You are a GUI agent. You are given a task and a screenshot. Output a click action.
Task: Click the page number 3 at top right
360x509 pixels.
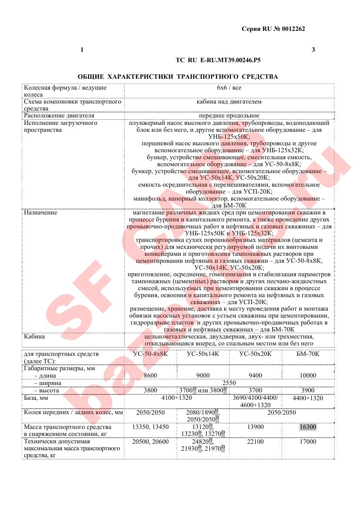[313, 50]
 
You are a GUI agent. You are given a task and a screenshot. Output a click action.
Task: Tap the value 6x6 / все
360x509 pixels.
[229, 88]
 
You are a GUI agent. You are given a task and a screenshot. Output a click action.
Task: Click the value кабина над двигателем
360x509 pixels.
[229, 102]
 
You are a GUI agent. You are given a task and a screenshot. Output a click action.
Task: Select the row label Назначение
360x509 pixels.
[40, 213]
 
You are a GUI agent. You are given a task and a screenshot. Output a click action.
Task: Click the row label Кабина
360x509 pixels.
[34, 337]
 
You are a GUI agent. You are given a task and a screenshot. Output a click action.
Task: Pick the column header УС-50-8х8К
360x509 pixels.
[150, 354]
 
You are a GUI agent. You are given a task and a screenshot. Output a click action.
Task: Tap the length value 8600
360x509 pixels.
[150, 375]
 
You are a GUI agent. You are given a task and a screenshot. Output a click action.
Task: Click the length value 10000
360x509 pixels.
[308, 375]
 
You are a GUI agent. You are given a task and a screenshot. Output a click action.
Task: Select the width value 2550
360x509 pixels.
[229, 383]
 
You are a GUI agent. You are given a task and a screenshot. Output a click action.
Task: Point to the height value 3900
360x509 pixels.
[308, 390]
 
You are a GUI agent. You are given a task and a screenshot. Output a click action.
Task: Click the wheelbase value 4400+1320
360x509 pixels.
[308, 398]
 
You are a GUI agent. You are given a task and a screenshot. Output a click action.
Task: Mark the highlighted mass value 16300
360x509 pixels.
[308, 427]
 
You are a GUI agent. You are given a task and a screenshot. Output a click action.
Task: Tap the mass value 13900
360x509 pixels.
[255, 427]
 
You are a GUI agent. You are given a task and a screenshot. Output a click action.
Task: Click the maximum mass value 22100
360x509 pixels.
[255, 442]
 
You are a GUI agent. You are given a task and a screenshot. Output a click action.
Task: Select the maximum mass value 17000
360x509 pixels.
[308, 442]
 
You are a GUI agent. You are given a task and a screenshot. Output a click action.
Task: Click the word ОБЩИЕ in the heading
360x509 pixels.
[91, 77]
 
